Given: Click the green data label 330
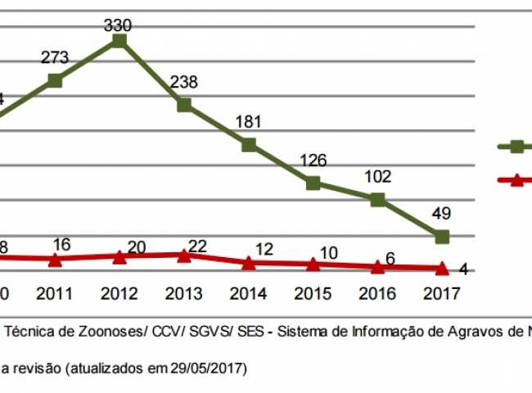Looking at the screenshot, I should click(x=119, y=25).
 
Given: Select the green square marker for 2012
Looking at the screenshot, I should click(x=119, y=40).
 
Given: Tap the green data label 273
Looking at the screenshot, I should click(x=55, y=58).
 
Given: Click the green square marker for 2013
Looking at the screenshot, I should click(x=184, y=105).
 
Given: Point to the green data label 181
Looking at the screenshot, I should click(x=247, y=123).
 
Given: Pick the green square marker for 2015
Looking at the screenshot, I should click(x=313, y=183).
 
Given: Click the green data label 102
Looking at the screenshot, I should click(x=377, y=177).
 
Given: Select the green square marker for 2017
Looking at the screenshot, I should click(x=442, y=237).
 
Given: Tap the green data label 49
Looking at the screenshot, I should click(x=442, y=215).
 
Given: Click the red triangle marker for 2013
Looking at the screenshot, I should click(x=184, y=255).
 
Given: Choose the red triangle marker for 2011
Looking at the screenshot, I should click(x=55, y=260).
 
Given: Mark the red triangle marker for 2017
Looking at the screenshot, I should click(x=442, y=268).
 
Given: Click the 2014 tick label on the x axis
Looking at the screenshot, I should click(x=248, y=293).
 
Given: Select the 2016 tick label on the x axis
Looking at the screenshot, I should click(x=377, y=293).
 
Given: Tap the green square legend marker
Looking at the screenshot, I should click(x=516, y=147).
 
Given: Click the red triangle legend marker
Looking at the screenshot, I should click(x=516, y=179).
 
